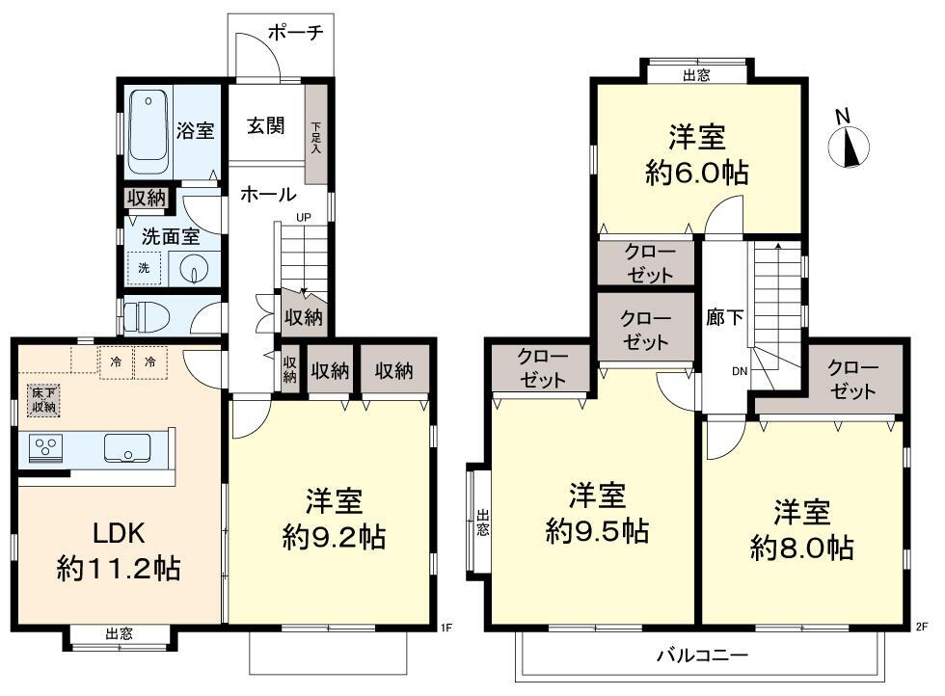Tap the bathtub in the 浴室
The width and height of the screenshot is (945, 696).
point(148,133)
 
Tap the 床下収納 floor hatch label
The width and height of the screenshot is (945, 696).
point(44,399)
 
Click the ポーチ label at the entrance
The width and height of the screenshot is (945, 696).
point(295,32)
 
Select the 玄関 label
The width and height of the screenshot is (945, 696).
point(266,126)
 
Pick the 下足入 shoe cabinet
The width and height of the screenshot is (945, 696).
point(316,134)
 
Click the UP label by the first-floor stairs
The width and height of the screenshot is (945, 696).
point(304,217)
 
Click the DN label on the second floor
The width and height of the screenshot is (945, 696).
point(740,371)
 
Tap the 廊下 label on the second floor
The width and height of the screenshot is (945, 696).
point(724,317)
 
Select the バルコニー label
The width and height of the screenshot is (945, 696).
point(702,655)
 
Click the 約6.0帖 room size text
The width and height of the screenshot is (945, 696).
point(697,174)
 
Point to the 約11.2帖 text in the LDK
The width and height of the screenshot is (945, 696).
point(119,568)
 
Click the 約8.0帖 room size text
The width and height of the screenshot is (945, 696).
point(802,549)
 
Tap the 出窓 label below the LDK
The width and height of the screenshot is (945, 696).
point(120,634)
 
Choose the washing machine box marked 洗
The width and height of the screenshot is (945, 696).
point(144,268)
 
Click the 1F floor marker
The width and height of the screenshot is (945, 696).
point(445,628)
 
